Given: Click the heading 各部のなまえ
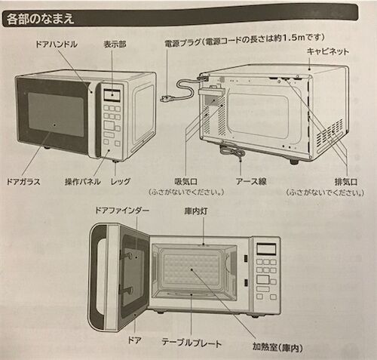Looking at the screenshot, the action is point(40,19).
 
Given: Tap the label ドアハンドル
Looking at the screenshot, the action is point(57,45).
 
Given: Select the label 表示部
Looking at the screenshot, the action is point(115,45).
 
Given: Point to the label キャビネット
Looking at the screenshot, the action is point(328,51).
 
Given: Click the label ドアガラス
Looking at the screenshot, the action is point(23,182).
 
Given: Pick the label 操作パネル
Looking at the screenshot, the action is point(83,182).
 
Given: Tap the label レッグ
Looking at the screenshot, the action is point(121,181).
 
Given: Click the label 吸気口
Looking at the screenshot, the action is point(185,182).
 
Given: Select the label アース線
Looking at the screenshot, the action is point(251,181).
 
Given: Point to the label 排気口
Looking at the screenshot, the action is point(346,182).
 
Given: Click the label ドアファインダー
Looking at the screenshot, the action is point(122,211).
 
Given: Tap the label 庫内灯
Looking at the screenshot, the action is point(196,211).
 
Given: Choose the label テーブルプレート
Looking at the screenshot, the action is point(192,343).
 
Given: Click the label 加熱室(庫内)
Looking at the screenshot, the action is point(277,347).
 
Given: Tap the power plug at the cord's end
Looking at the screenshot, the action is point(167,97).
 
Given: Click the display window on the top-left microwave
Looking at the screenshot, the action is point(112,95).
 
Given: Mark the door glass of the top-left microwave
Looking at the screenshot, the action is point(56,114).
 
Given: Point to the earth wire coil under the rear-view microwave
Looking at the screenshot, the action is point(233,152).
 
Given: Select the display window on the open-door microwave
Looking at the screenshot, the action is point(266,249).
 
